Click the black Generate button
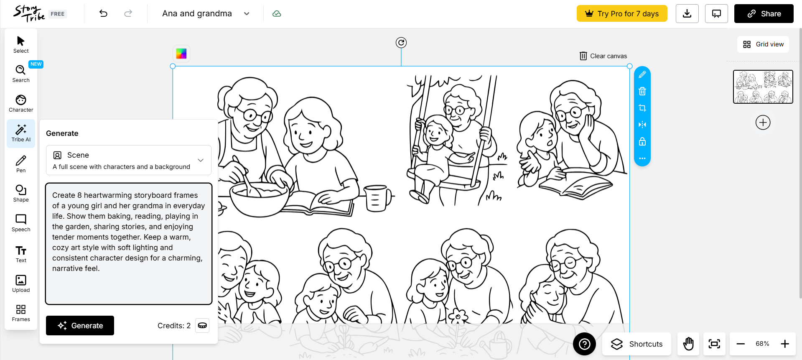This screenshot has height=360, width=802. pyautogui.click(x=80, y=325)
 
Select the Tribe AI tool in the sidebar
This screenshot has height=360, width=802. pyautogui.click(x=21, y=133)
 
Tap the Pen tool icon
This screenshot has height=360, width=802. pyautogui.click(x=21, y=163)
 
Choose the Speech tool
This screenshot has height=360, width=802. pyautogui.click(x=21, y=223)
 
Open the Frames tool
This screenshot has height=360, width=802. pyautogui.click(x=21, y=313)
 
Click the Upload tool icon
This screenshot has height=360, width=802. pyautogui.click(x=21, y=283)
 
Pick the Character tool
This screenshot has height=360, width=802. pyautogui.click(x=21, y=103)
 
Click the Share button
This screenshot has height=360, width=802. pyautogui.click(x=764, y=13)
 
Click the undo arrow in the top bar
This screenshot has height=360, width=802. pyautogui.click(x=103, y=13)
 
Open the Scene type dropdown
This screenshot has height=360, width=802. pyautogui.click(x=128, y=160)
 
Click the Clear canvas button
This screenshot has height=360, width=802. pyautogui.click(x=603, y=56)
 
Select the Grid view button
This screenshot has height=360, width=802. pyautogui.click(x=763, y=44)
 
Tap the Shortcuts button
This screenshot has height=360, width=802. pyautogui.click(x=637, y=344)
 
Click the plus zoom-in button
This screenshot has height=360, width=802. pyautogui.click(x=785, y=344)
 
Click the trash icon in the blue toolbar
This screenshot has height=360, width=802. pyautogui.click(x=642, y=91)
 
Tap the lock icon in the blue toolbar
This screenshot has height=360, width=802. pyautogui.click(x=642, y=141)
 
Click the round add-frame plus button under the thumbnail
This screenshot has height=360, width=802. pyautogui.click(x=763, y=123)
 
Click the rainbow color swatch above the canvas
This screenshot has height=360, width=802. pyautogui.click(x=181, y=54)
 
